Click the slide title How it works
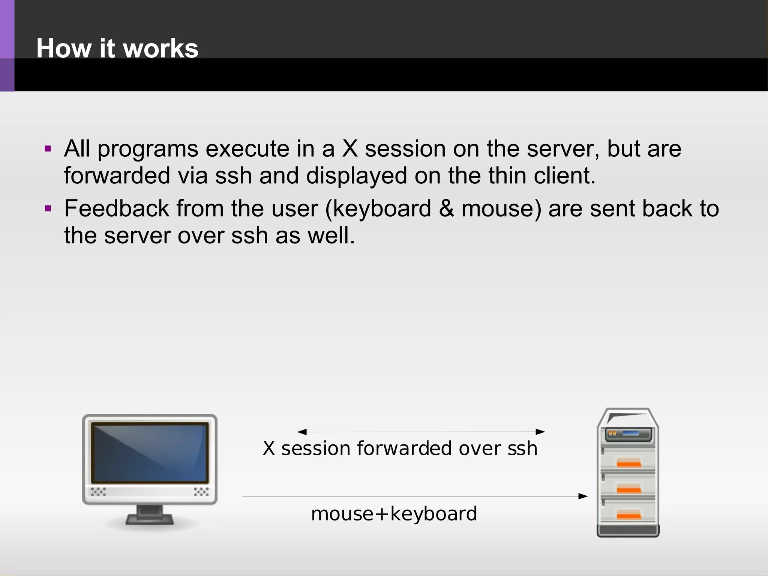click(x=117, y=48)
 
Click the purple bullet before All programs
click(x=48, y=149)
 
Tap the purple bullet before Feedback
click(x=48, y=208)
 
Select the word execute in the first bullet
click(x=247, y=149)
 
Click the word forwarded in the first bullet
click(x=117, y=175)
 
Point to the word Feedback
click(x=117, y=208)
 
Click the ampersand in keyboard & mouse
click(x=446, y=208)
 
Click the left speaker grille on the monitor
click(x=98, y=492)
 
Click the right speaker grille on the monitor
click(x=201, y=492)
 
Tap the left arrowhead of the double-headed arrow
click(x=302, y=432)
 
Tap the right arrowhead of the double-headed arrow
click(x=540, y=432)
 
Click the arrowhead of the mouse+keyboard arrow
click(x=583, y=496)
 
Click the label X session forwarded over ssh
click(x=400, y=448)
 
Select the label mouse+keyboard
click(x=394, y=514)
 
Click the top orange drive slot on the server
click(x=629, y=463)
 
